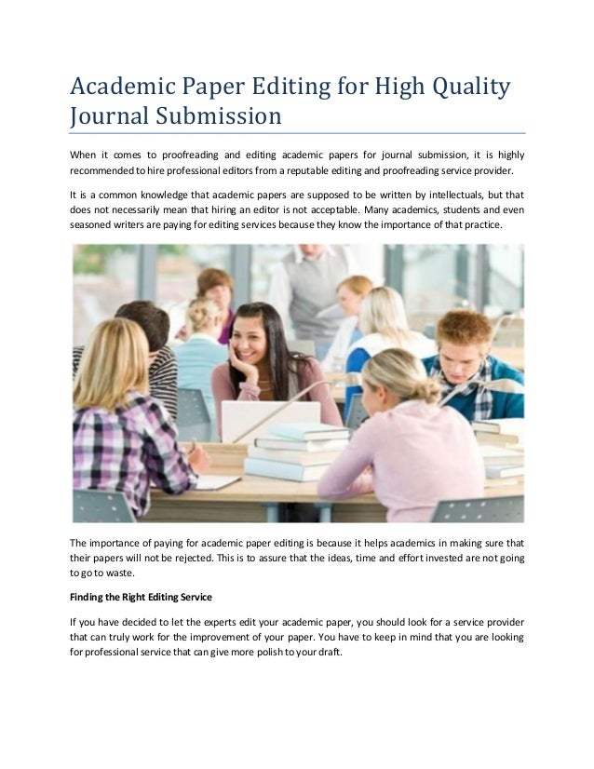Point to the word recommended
click(x=101, y=172)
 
